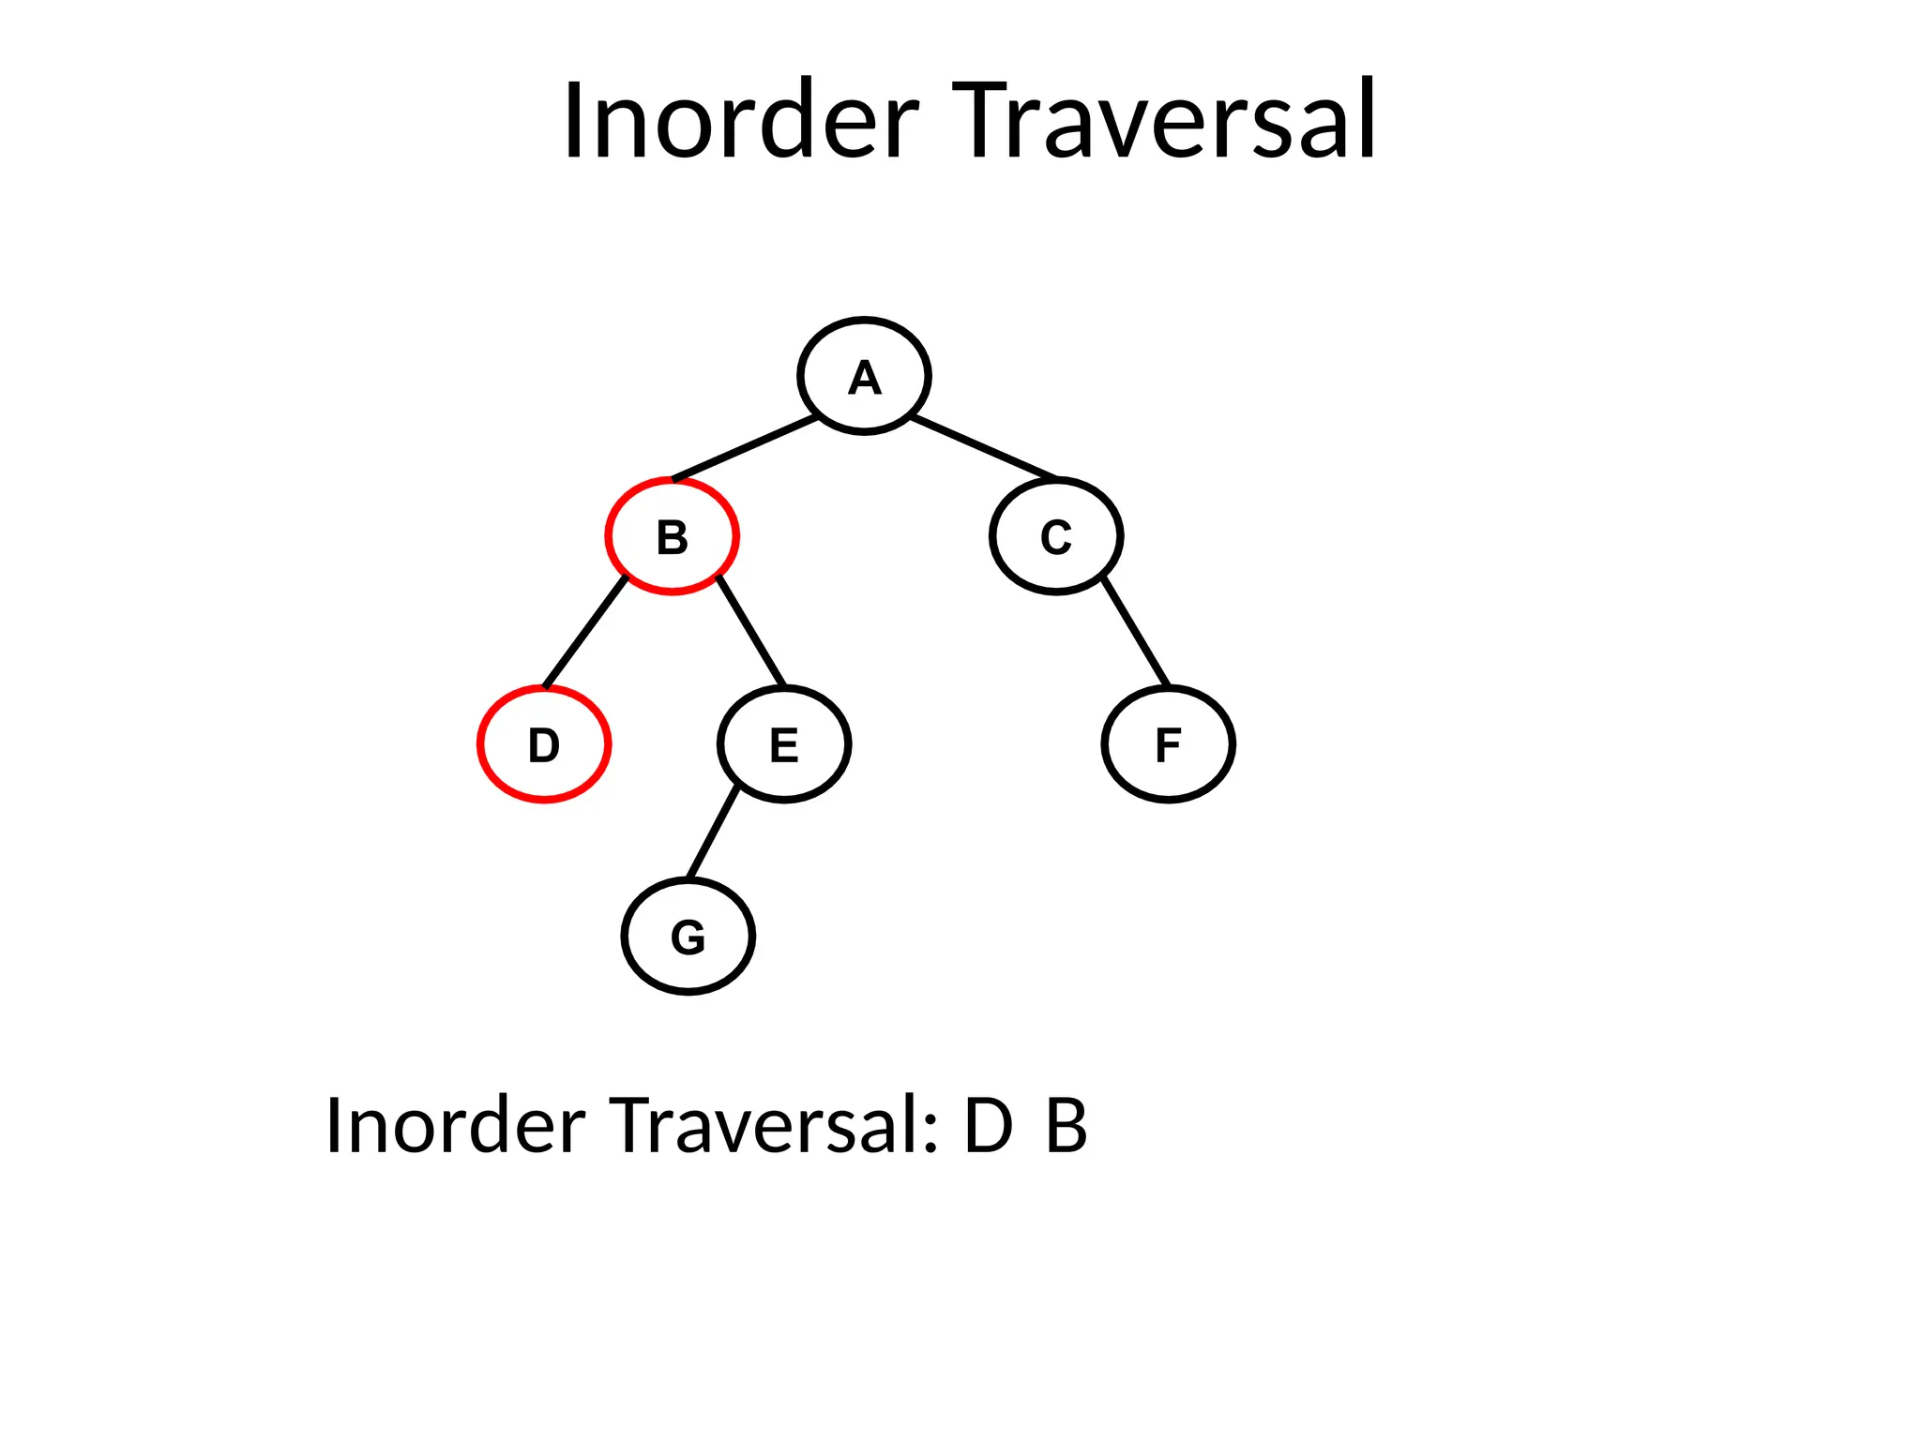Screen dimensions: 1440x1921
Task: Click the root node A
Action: tap(864, 376)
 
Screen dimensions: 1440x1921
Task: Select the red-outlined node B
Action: tap(672, 536)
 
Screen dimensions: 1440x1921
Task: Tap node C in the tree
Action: tap(1056, 536)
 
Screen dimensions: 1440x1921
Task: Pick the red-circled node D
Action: tap(544, 744)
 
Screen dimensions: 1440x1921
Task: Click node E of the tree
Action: tap(784, 744)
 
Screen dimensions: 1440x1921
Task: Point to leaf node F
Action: tap(1168, 744)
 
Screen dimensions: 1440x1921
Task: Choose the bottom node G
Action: tap(688, 937)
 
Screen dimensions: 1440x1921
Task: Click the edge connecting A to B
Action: tap(746, 448)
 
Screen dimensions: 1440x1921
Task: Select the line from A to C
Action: tap(983, 447)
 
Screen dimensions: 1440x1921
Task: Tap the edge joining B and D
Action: tap(585, 632)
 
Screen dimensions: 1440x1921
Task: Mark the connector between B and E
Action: tap(751, 632)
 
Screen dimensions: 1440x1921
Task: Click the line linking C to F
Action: tap(1136, 632)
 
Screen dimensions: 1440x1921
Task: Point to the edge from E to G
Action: tap(713, 834)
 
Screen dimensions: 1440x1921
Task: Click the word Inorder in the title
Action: tap(740, 122)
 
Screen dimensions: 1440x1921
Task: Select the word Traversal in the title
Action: tap(1164, 122)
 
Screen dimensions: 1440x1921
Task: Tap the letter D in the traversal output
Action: tap(989, 1125)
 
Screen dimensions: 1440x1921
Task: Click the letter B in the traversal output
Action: tap(1066, 1125)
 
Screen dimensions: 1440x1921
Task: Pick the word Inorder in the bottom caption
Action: tap(455, 1125)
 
